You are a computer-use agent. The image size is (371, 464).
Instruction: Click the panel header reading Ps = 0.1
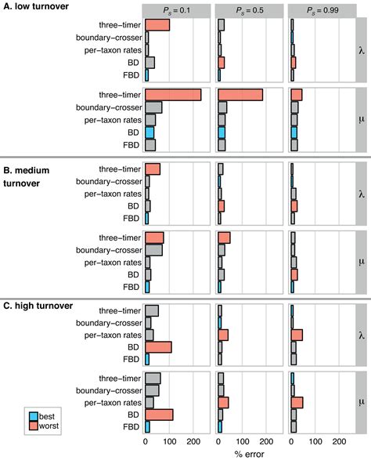[x=176, y=10]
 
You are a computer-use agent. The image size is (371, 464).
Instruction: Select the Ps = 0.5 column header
[x=249, y=10]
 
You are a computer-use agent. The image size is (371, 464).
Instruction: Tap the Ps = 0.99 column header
[x=321, y=10]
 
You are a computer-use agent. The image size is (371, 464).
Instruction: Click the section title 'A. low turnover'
[x=41, y=6]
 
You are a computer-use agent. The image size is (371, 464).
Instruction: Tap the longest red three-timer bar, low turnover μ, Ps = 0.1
[x=173, y=95]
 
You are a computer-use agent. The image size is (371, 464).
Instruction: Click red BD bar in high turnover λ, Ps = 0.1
[x=158, y=346]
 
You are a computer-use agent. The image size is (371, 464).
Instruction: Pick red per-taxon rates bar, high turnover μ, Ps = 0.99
[x=297, y=402]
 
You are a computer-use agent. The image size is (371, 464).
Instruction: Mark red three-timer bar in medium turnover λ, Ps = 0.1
[x=153, y=169]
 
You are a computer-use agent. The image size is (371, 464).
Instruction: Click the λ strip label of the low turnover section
[x=361, y=50]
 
